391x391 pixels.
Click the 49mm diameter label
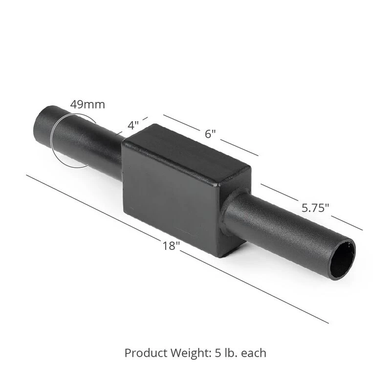click(87, 105)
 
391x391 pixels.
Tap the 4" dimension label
click(133, 125)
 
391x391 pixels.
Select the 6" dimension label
click(210, 134)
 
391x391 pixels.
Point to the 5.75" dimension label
click(315, 208)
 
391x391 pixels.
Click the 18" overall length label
click(171, 246)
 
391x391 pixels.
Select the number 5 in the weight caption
click(217, 353)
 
